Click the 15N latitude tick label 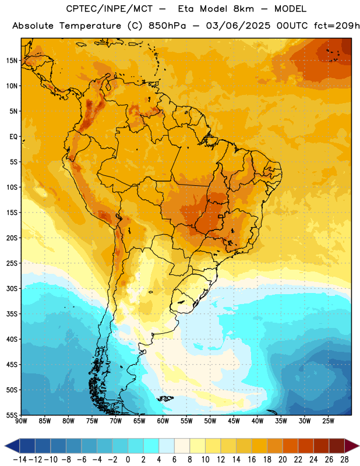point(12,61)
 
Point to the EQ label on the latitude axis point(13,137)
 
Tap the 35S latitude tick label point(12,314)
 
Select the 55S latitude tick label point(12,415)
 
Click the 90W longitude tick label point(21,421)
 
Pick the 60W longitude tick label point(163,421)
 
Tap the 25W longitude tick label point(328,421)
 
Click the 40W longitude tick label point(257,421)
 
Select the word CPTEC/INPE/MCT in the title point(110,9)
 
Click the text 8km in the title point(243,9)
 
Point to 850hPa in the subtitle point(167,26)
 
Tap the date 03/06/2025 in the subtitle point(238,26)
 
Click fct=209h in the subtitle point(337,26)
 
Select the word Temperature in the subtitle point(90,26)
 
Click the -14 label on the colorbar point(20,460)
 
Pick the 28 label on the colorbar point(344,460)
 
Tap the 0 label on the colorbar point(128,460)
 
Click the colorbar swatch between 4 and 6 point(167,446)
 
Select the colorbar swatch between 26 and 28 point(337,446)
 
